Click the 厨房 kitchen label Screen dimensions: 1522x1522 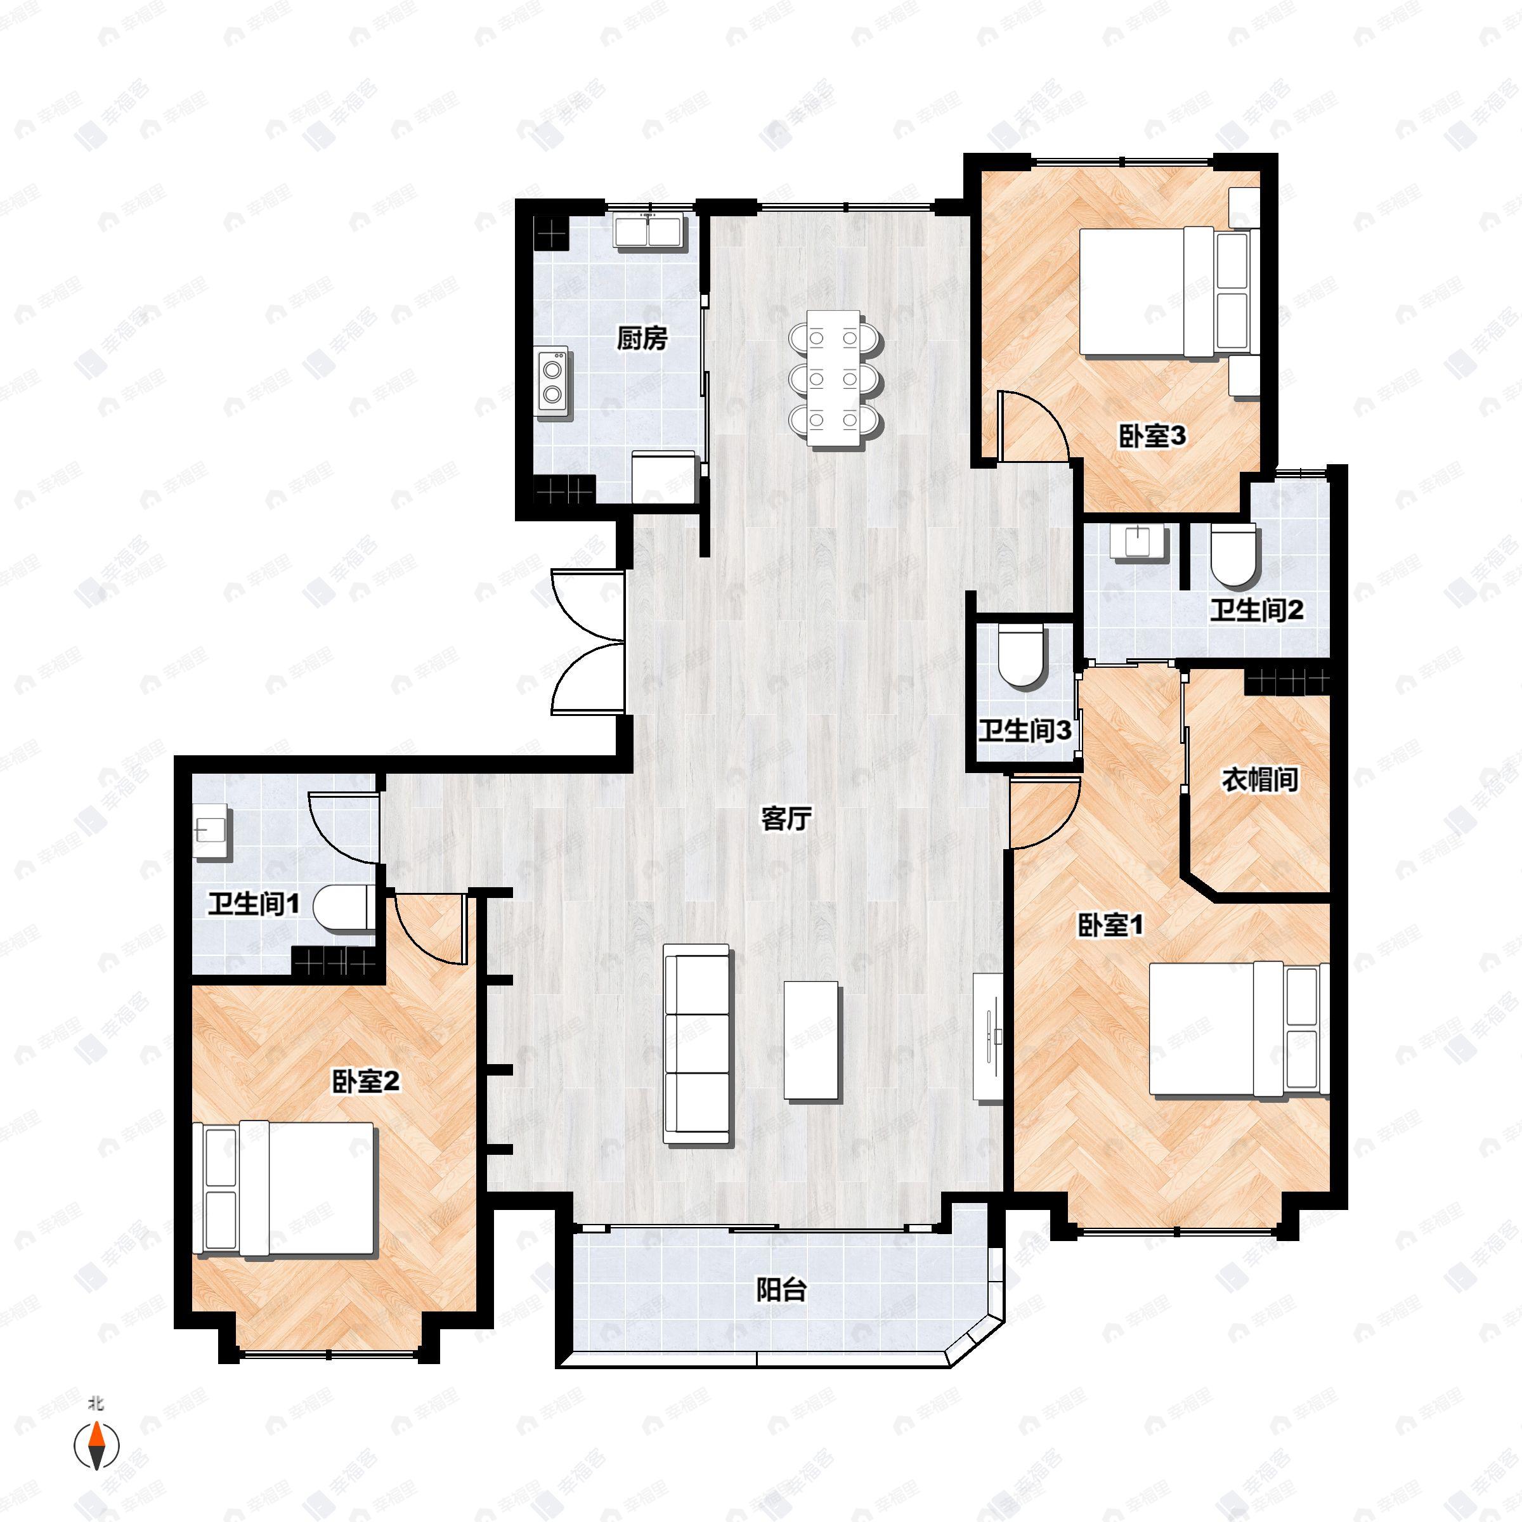tap(641, 339)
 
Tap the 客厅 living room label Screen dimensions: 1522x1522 tap(786, 819)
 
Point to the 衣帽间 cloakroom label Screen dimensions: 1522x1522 tap(1259, 780)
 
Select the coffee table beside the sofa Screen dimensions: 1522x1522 tap(812, 1040)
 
